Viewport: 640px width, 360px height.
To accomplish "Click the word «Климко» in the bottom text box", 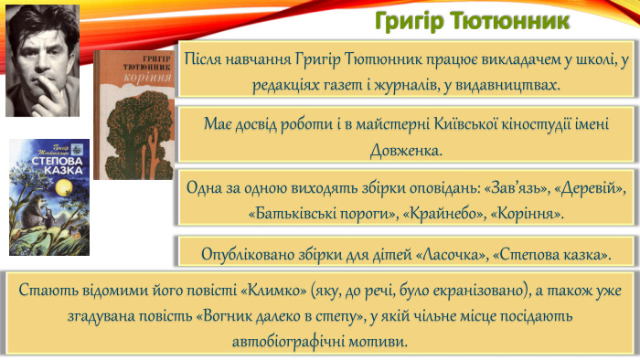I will [265, 291].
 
